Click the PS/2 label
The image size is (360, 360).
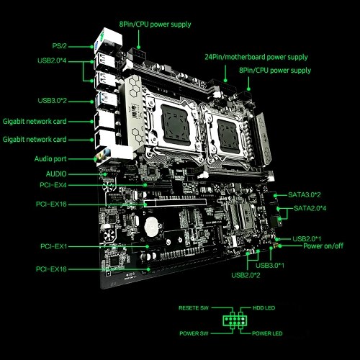tap(59, 46)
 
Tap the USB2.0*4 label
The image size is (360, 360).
tap(52, 60)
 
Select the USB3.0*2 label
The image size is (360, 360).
tap(52, 101)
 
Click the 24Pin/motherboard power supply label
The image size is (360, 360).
tap(256, 57)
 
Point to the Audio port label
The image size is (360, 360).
tap(50, 159)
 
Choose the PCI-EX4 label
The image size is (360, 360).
tap(53, 185)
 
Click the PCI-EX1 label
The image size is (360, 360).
tap(53, 246)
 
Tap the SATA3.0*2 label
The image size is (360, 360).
tap(304, 194)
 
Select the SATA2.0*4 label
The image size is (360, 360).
tap(310, 208)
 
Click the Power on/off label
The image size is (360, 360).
tap(323, 246)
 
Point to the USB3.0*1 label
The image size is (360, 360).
tap(270, 266)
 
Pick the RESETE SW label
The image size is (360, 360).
tap(194, 308)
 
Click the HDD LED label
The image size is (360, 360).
tap(264, 308)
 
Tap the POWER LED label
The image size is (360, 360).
tap(267, 333)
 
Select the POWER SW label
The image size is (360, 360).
tap(194, 333)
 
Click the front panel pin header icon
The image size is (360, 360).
tap(235, 320)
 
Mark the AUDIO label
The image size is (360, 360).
tap(56, 174)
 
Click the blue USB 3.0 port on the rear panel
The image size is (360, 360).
tap(107, 99)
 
